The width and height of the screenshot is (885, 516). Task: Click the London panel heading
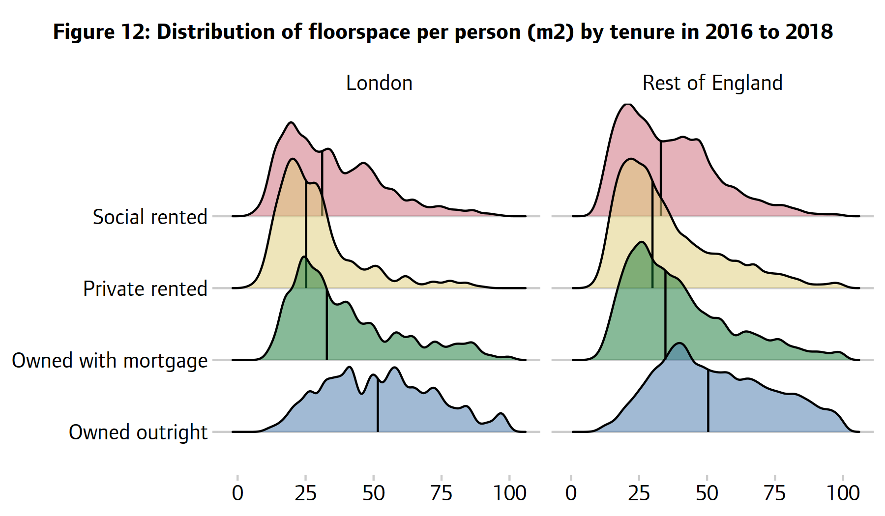[379, 83]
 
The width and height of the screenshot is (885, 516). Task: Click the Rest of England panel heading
[712, 83]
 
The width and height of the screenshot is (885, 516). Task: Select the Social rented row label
[150, 217]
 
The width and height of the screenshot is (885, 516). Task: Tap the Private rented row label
[145, 288]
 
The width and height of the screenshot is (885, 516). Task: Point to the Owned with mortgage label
[110, 361]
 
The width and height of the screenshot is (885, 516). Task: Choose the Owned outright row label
[138, 432]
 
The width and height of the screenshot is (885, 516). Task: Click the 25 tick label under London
[305, 493]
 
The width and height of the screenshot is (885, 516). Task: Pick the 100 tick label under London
[509, 493]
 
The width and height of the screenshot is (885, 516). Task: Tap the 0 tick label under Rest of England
[571, 493]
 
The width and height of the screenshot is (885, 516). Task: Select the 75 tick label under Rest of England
[775, 493]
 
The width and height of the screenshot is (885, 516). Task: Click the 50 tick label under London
[373, 493]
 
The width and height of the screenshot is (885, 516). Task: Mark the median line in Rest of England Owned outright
[708, 401]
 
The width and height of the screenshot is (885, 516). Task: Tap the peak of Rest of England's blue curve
[680, 344]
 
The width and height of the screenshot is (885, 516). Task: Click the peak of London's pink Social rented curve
[291, 122]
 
